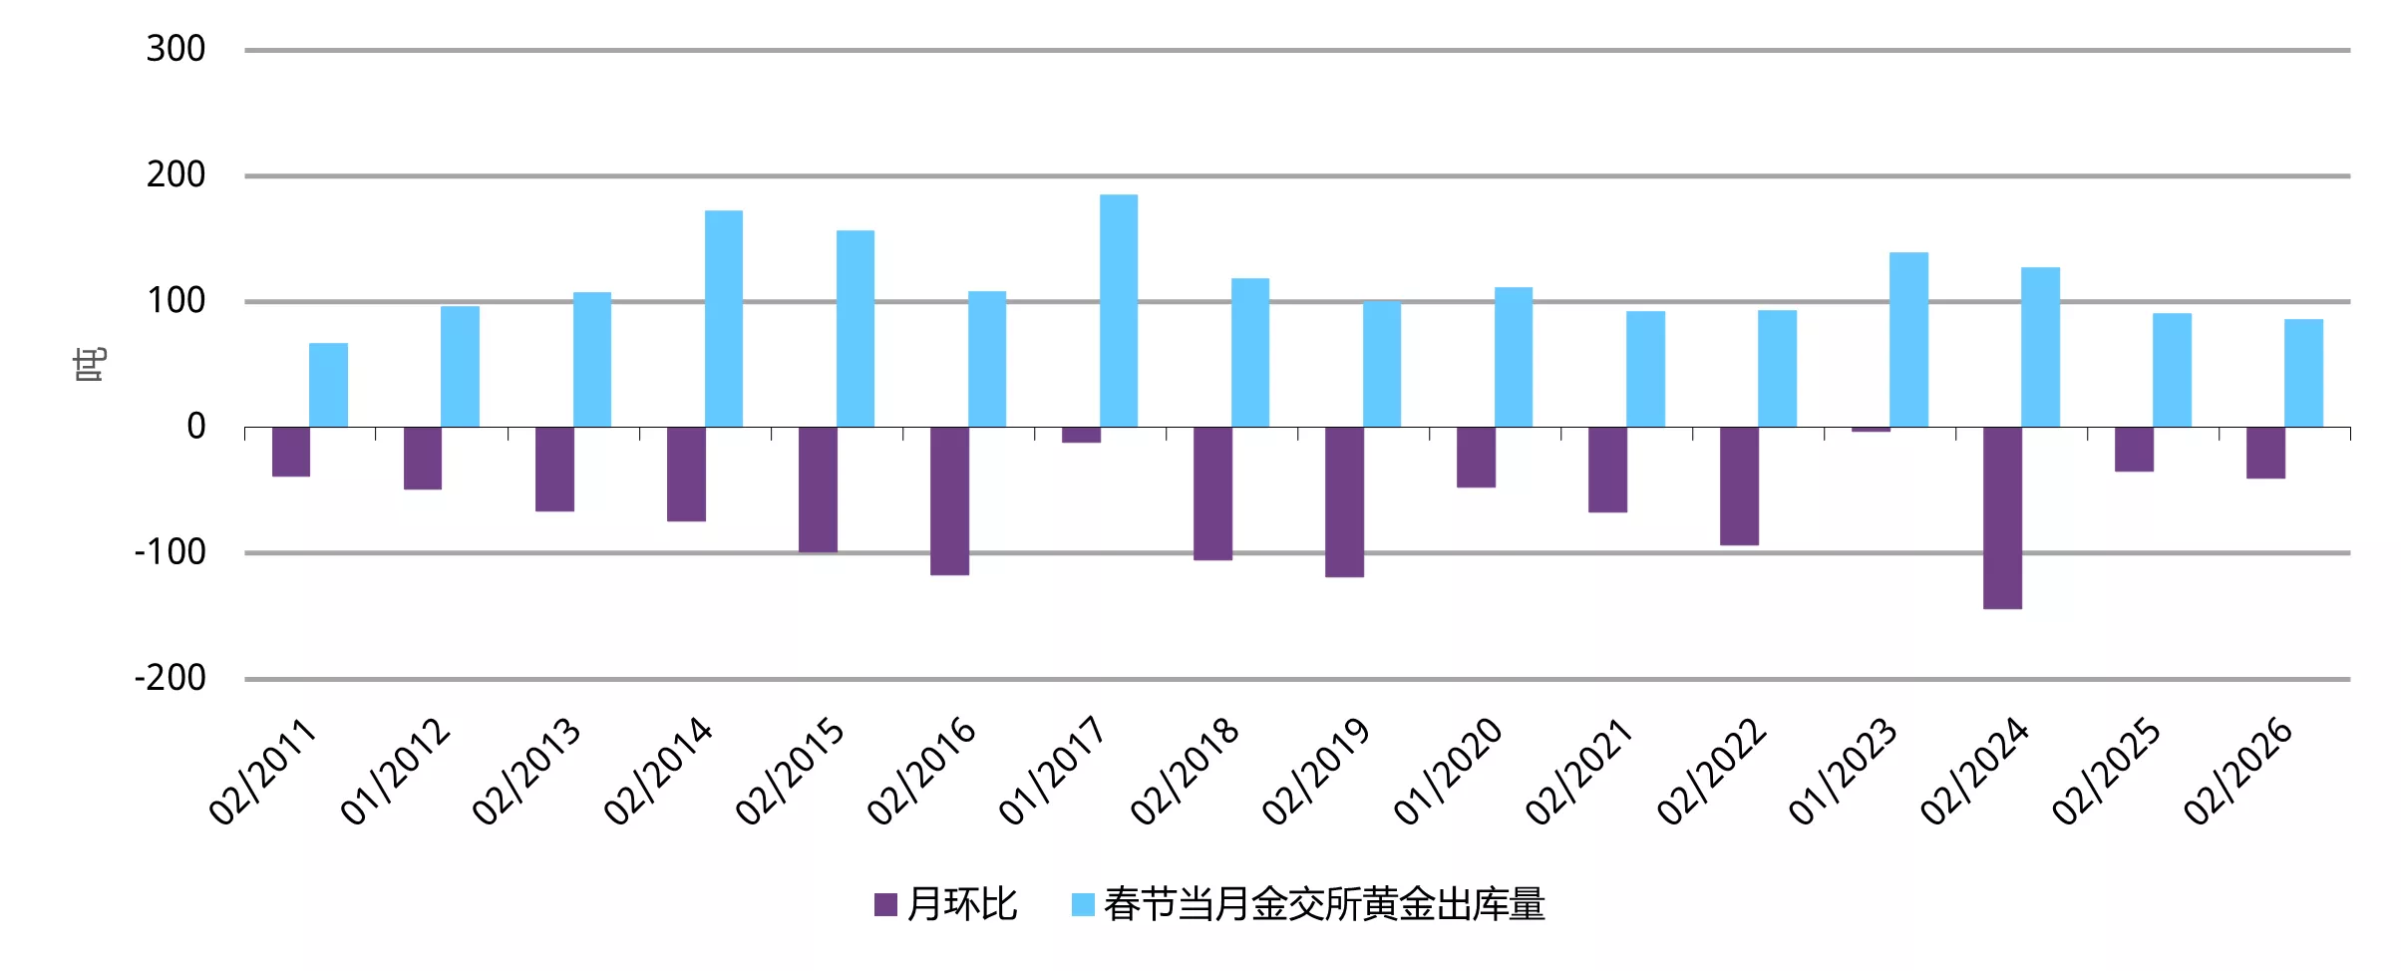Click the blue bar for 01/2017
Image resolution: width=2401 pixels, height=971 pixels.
1118,310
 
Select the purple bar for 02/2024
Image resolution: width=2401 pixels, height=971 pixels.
2002,517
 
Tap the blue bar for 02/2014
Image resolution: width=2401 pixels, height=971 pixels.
723,318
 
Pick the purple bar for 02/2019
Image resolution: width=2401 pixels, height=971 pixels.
1344,501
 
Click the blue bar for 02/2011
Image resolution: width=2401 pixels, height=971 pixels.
328,385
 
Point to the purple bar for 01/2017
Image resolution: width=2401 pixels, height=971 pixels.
1081,435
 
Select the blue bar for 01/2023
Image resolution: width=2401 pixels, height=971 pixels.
1908,339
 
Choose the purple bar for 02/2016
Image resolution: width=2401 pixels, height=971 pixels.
949,500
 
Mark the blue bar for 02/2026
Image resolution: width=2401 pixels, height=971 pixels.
2303,373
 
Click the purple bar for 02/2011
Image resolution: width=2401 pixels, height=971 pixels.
291,452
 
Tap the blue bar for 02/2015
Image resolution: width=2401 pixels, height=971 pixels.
855,328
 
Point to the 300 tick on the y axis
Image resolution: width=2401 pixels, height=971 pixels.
175,49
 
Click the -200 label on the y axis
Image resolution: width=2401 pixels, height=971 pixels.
171,679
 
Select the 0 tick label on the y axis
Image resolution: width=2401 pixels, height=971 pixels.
195,427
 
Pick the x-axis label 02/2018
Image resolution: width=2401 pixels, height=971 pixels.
1185,772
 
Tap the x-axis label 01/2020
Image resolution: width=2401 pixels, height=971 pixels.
1448,772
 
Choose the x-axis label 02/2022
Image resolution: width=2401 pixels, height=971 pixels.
1711,772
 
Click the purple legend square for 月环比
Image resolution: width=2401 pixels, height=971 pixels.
885,904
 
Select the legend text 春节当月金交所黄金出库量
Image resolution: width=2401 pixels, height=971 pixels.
1324,904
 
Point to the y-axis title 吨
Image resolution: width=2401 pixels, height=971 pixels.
90,365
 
